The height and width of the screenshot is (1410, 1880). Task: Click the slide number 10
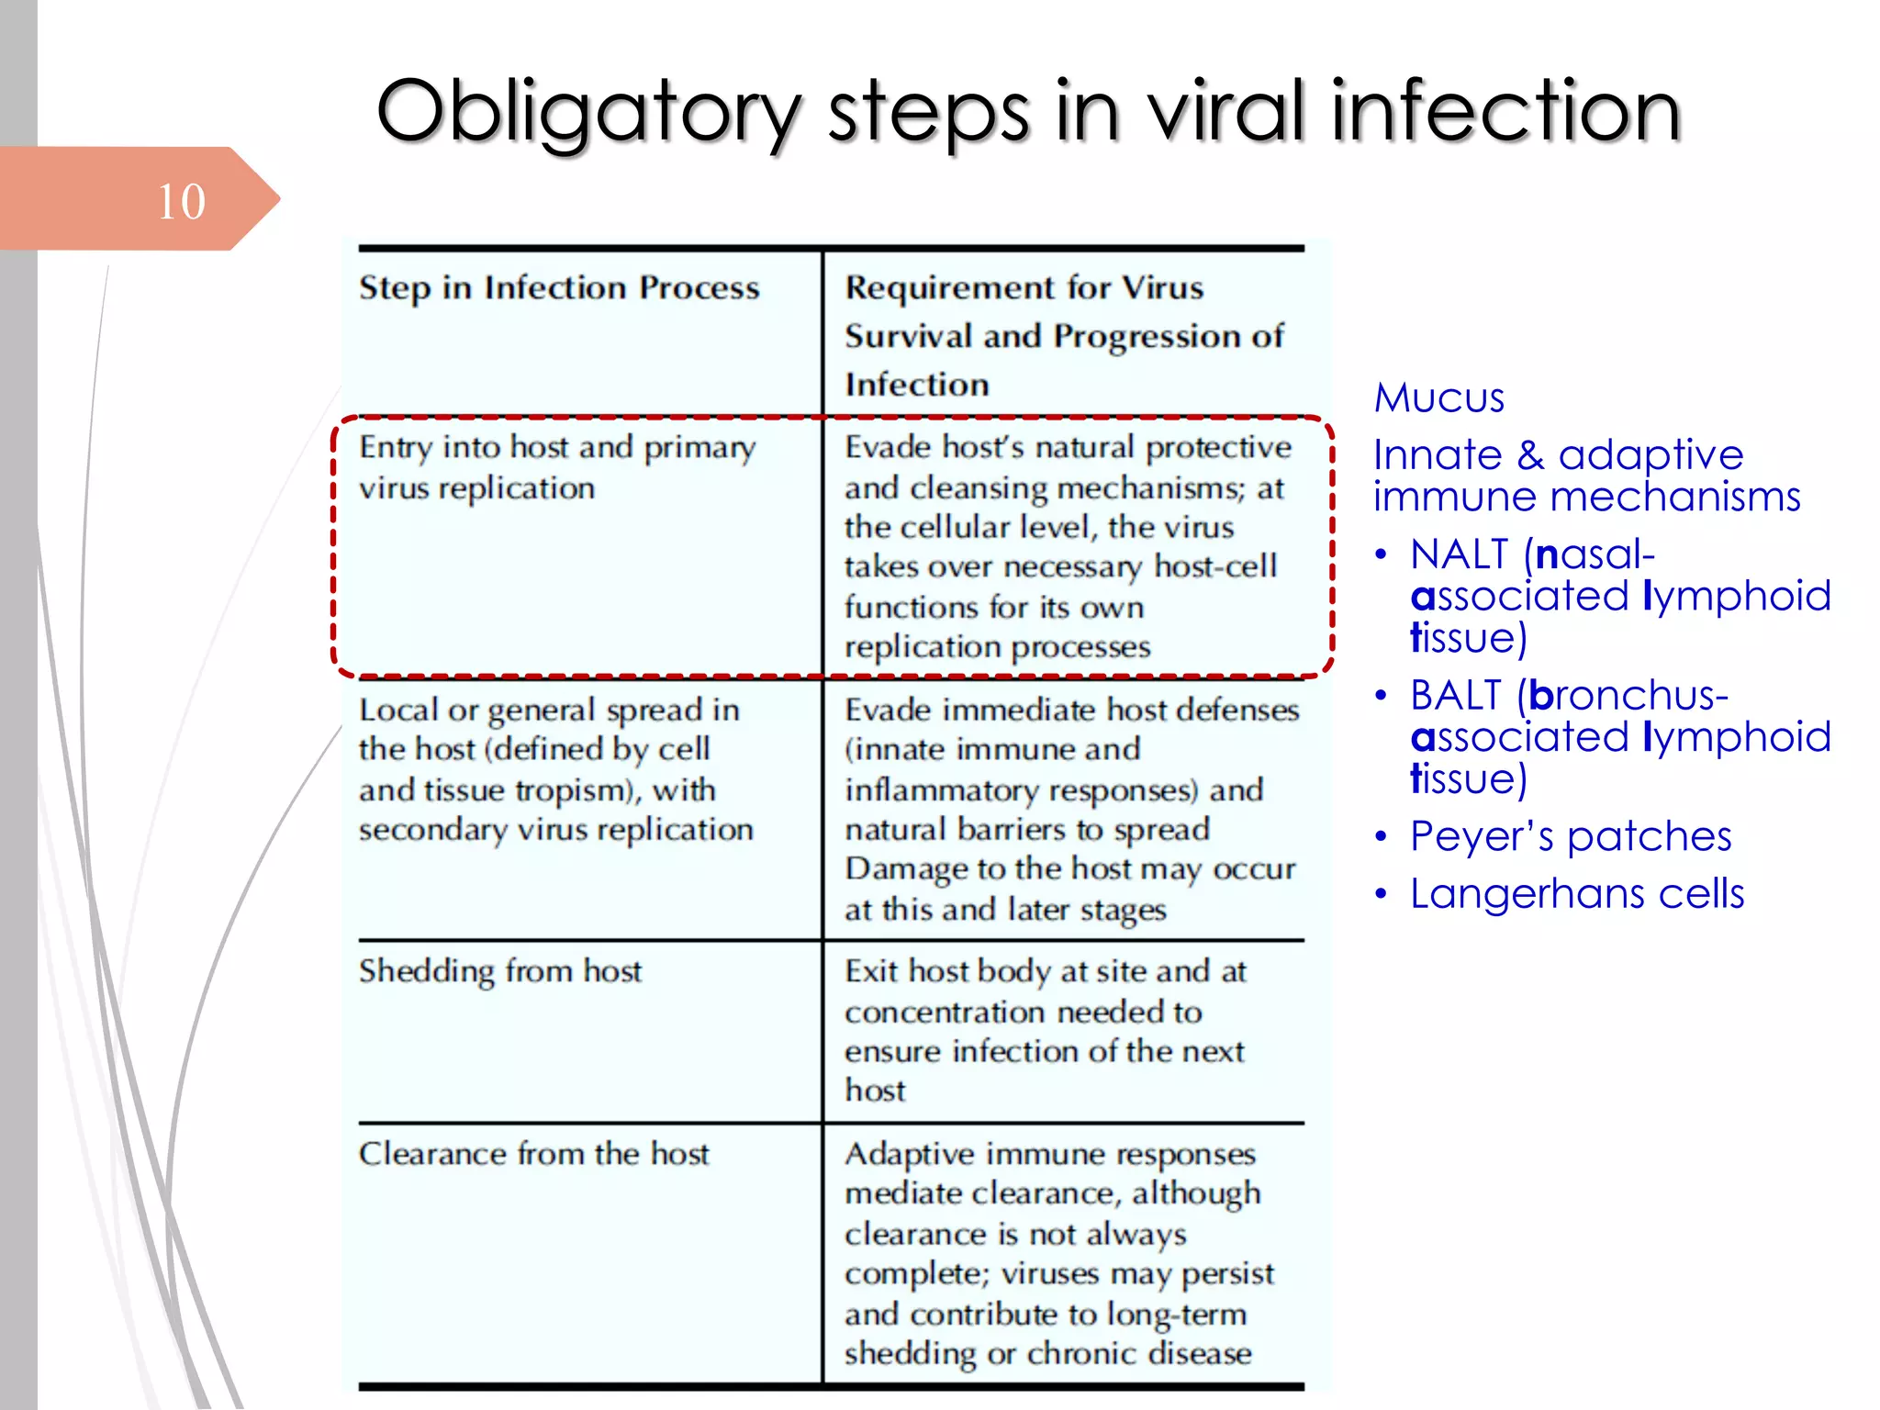[x=181, y=201]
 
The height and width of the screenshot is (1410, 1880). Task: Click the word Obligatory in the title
[x=587, y=112]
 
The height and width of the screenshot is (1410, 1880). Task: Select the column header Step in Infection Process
[x=559, y=288]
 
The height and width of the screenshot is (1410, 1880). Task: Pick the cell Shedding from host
[x=500, y=971]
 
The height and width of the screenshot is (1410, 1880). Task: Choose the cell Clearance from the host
[x=533, y=1154]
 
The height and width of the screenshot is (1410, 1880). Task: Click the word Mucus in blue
[x=1438, y=398]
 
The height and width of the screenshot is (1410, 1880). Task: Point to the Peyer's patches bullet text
[x=1571, y=836]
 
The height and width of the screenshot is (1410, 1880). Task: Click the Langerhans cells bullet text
[x=1576, y=893]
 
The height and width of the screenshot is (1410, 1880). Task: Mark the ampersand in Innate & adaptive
[x=1530, y=455]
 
